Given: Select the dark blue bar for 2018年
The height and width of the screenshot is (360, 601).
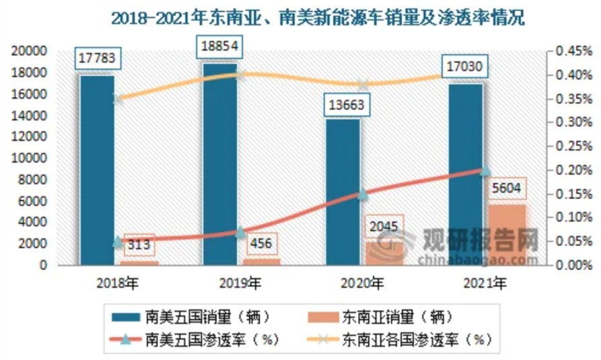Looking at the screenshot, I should [x=97, y=168].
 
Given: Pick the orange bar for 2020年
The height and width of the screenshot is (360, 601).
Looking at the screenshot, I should [x=384, y=253].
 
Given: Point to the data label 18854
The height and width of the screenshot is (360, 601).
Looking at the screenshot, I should [x=221, y=48].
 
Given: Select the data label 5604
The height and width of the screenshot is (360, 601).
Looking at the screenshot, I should [x=508, y=188].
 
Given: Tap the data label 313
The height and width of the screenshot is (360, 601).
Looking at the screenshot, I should [x=138, y=244].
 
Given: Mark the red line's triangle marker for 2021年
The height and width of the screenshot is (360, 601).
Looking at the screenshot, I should [x=485, y=170].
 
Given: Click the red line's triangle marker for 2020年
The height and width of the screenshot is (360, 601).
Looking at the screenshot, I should [x=363, y=194].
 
